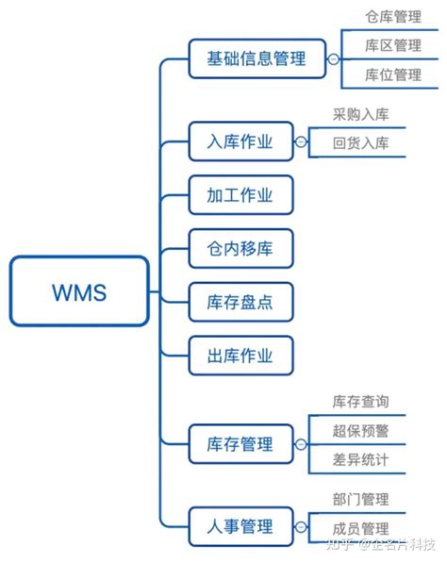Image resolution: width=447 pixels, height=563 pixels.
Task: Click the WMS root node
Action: click(79, 291)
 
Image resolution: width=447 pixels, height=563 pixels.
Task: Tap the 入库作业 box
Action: click(240, 142)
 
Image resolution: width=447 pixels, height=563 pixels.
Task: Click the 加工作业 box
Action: click(240, 195)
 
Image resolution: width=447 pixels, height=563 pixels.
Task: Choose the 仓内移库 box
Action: click(240, 249)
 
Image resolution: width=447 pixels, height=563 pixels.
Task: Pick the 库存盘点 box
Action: click(240, 303)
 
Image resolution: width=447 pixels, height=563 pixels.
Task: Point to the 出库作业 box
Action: click(240, 356)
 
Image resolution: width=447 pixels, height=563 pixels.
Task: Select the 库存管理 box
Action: click(240, 443)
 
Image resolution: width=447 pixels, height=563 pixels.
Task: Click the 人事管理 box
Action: click(240, 525)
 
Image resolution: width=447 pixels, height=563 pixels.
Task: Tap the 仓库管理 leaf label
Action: click(392, 17)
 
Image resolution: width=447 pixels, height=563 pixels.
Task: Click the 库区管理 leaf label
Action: click(392, 45)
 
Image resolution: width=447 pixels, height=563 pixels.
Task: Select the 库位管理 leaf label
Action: click(392, 74)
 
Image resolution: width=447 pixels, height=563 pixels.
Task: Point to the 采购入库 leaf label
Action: click(360, 115)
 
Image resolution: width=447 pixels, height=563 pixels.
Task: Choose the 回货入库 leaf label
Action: click(360, 143)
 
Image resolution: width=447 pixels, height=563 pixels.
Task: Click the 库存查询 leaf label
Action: click(360, 403)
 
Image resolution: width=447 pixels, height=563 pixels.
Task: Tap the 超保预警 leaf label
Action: click(360, 431)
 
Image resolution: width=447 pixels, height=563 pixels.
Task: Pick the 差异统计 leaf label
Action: click(360, 460)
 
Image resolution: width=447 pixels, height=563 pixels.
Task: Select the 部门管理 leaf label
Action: click(360, 500)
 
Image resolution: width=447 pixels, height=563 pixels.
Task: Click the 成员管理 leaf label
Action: click(360, 529)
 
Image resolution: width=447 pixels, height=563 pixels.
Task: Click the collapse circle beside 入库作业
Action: click(301, 143)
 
